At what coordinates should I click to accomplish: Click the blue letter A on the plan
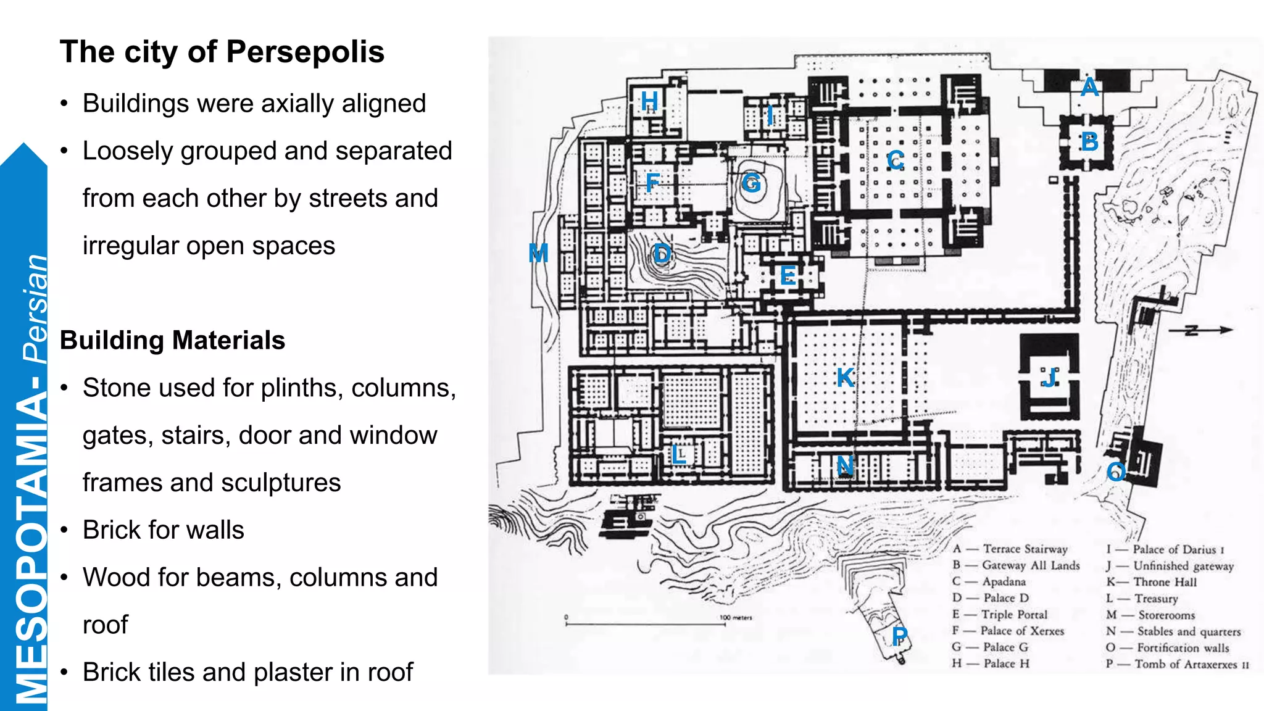coord(1089,87)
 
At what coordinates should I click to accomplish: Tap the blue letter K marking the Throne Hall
coord(845,377)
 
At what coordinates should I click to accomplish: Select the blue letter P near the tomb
coord(900,636)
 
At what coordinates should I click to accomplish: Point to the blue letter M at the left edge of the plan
coord(538,253)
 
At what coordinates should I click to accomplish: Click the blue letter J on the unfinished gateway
coord(1050,377)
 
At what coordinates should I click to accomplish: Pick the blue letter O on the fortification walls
coord(1116,472)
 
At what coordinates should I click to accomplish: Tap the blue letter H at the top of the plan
coord(649,101)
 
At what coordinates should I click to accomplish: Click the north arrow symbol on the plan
coord(1200,330)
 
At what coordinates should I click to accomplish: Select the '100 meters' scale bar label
coord(736,617)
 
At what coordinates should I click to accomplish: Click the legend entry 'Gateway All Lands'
coord(1031,565)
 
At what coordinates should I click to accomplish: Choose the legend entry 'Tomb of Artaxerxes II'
coord(1191,664)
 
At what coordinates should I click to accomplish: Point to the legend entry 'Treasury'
coord(1155,599)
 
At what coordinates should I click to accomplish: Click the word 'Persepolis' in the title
coord(305,52)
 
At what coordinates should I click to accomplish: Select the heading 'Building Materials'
coord(172,340)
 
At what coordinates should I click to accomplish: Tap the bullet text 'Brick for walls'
coord(163,530)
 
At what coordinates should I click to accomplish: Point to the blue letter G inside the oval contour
coord(751,183)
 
